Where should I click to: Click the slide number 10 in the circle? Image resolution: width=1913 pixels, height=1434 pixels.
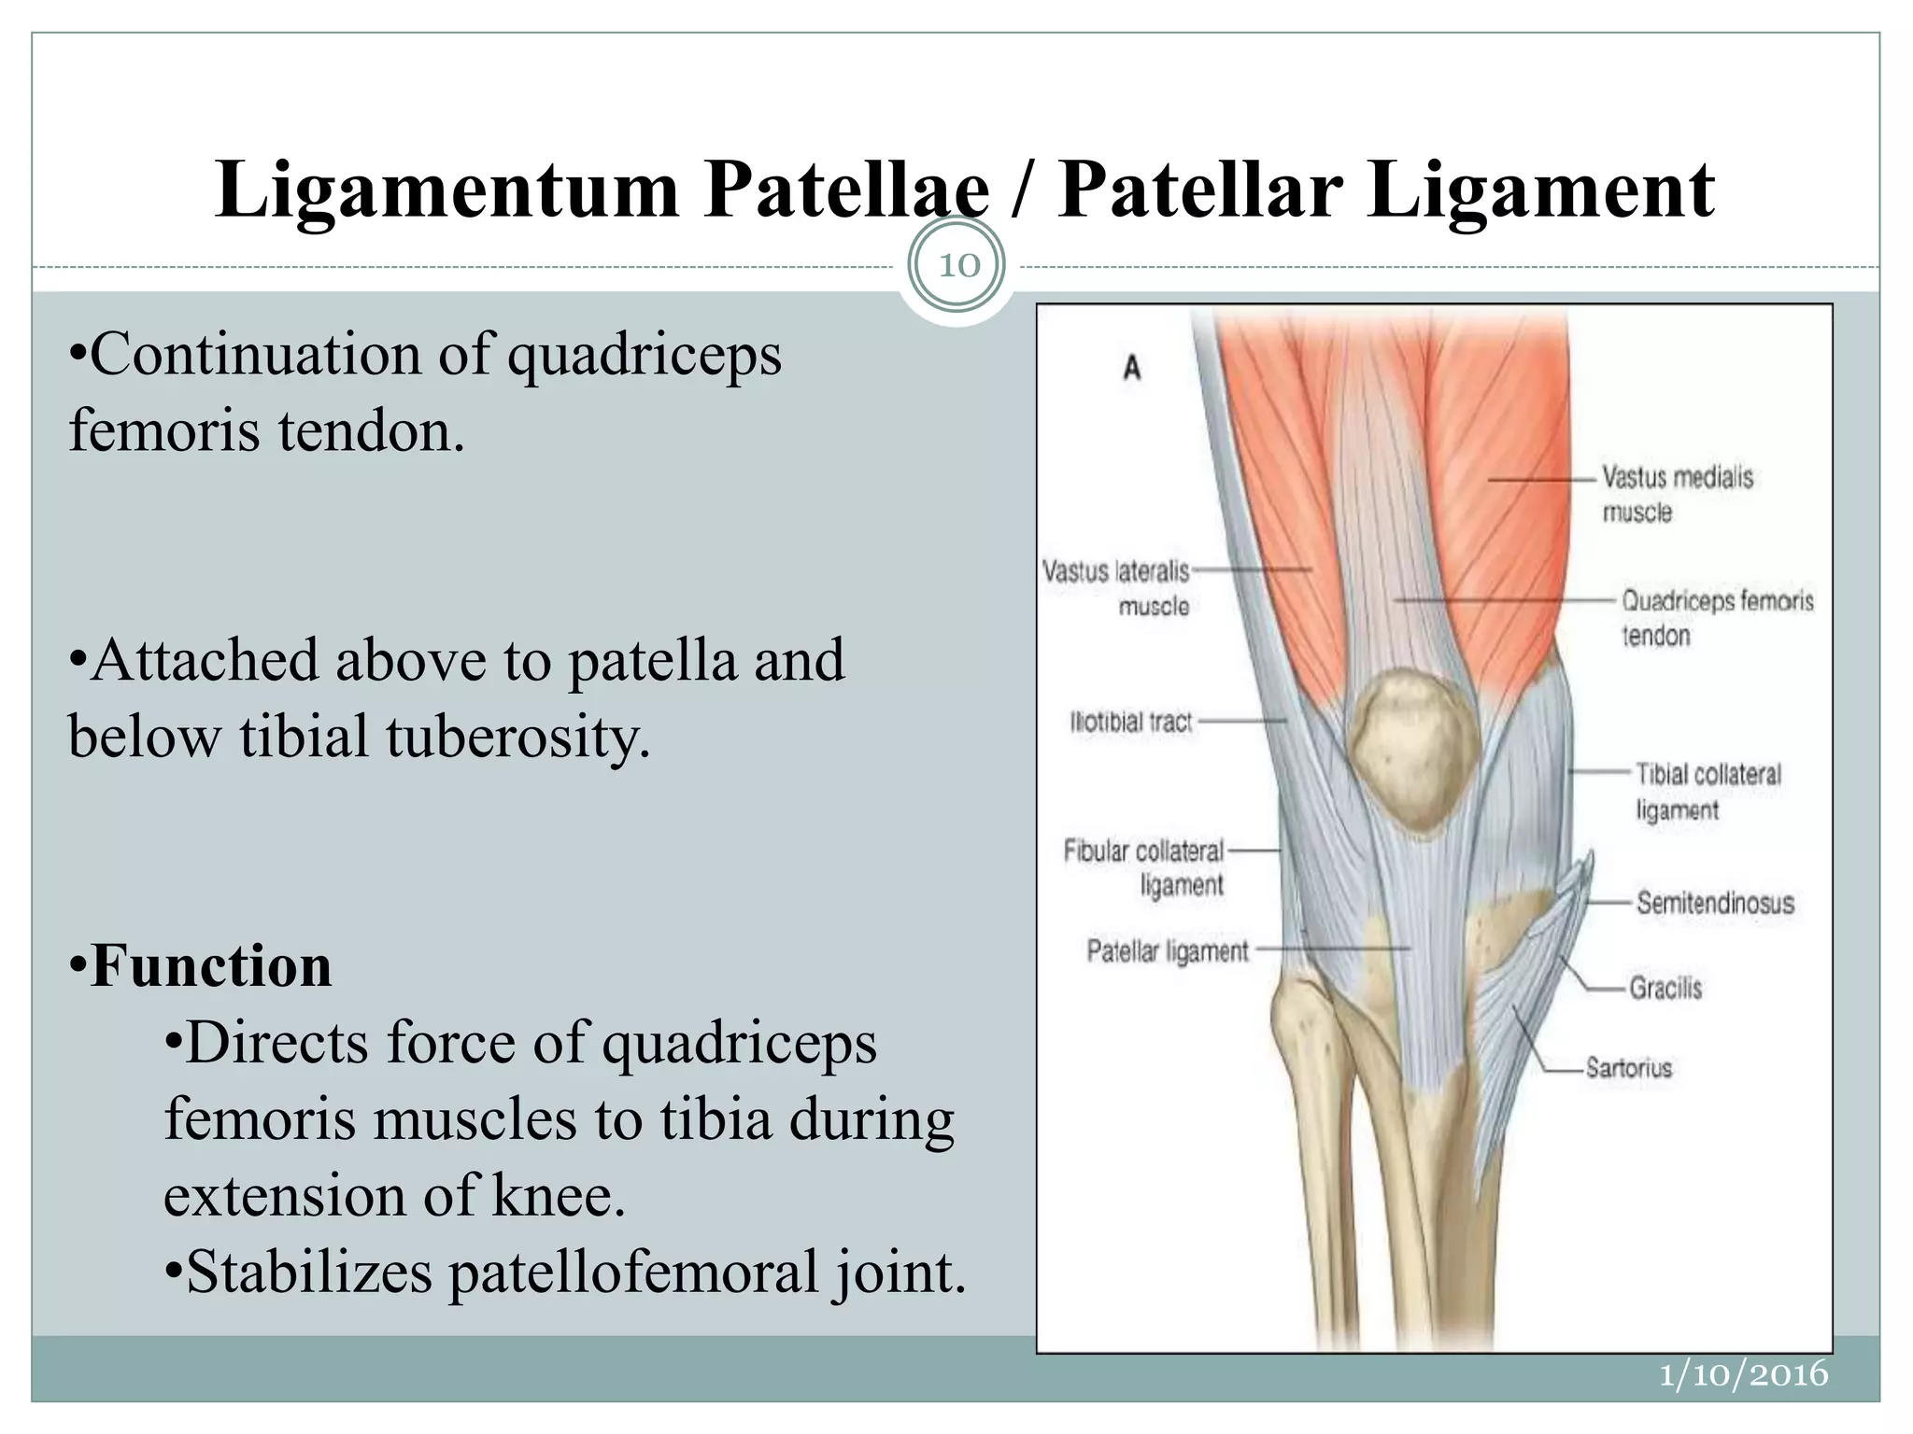click(x=958, y=265)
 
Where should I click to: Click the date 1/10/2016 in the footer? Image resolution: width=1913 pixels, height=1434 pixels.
click(x=1743, y=1374)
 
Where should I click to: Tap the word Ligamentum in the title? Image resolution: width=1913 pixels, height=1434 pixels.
click(x=446, y=190)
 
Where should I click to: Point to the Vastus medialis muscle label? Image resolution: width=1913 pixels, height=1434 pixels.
click(x=1677, y=494)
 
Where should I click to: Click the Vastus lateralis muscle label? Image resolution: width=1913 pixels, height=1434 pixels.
click(x=1117, y=588)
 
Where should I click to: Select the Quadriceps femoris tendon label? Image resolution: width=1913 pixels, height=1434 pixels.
click(x=1716, y=617)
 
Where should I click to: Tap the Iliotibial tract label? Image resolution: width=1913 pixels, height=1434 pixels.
click(x=1131, y=722)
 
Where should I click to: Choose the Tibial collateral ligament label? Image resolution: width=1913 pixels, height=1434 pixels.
click(x=1708, y=791)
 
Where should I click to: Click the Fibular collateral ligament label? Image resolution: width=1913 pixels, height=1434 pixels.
click(x=1144, y=867)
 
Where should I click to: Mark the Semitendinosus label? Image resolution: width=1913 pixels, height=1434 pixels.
click(x=1715, y=903)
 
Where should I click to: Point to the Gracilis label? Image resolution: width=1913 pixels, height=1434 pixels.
click(x=1665, y=988)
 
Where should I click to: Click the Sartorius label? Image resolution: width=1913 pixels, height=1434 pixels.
click(x=1629, y=1067)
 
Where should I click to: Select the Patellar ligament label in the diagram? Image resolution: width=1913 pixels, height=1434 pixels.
click(x=1168, y=951)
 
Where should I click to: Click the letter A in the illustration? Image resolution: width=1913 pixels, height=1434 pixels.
click(x=1132, y=368)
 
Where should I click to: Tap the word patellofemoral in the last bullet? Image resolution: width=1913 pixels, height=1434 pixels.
click(x=633, y=1272)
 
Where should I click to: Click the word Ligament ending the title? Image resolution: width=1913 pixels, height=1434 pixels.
click(x=1541, y=190)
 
